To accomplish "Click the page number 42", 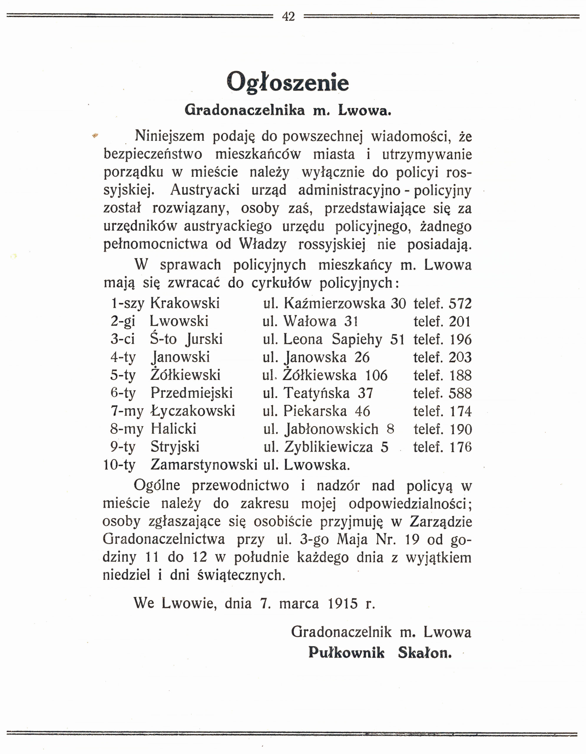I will tap(288, 16).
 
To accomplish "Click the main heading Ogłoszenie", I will tap(288, 82).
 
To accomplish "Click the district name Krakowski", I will tap(185, 303).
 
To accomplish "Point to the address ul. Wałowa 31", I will tap(310, 321).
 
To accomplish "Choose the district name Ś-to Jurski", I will tap(186, 339).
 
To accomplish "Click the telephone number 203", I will tap(460, 357).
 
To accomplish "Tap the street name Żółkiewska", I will tap(320, 375).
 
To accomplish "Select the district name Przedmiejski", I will tap(191, 393).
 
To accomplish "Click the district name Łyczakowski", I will tap(193, 411).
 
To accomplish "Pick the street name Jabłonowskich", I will tap(331, 429).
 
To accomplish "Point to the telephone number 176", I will tap(460, 447).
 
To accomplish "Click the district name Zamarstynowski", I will tap(204, 465).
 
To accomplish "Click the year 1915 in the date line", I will tap(343, 603).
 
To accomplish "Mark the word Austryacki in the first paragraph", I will tap(205, 190).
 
